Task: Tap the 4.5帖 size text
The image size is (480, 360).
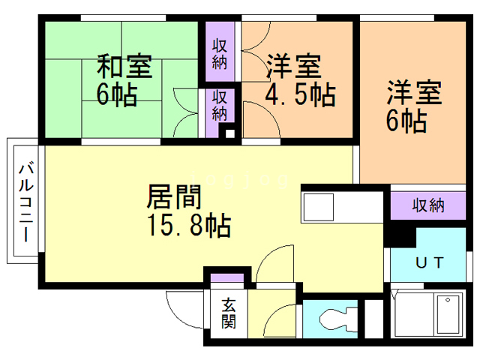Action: pos(300,96)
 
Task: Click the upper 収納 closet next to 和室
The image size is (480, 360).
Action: pos(219,53)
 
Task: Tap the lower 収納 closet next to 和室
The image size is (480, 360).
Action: pos(219,105)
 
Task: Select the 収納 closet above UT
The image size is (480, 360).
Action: pos(428,205)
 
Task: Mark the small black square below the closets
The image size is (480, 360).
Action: pos(230,134)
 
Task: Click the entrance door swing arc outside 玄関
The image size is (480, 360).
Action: pos(180,307)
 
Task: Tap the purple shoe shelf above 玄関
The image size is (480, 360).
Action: pos(226,278)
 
